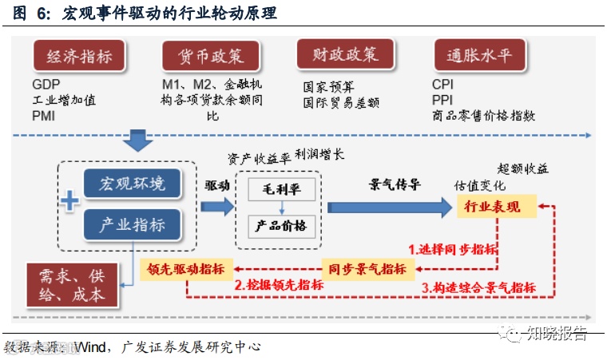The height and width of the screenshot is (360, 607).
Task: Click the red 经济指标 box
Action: [x=80, y=57]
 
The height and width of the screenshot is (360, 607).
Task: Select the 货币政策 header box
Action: [x=211, y=57]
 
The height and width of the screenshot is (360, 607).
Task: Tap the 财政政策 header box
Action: [x=344, y=56]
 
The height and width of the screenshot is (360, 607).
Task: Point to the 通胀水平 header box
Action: [x=478, y=57]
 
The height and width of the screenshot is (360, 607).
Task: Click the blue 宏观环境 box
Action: [x=132, y=184]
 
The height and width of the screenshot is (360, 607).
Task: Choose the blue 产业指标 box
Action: [x=132, y=225]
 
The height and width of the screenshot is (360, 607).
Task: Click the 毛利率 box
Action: [x=276, y=189]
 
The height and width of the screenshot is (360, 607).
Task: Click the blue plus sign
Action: [x=70, y=202]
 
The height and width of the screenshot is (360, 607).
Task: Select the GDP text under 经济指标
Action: [x=46, y=84]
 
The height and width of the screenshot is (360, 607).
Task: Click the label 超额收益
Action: [x=523, y=169]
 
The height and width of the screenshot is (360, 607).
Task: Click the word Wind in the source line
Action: [x=93, y=347]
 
